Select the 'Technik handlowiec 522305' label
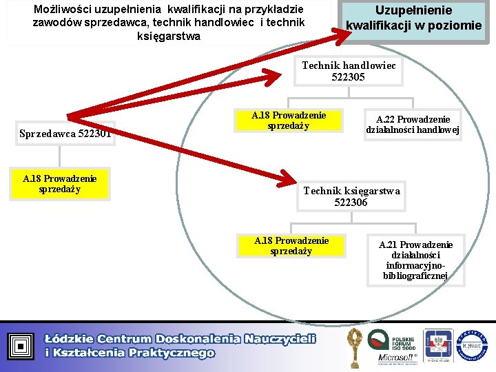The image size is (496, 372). (349, 71)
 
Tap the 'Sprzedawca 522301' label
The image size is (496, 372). (66, 133)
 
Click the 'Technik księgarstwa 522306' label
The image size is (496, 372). (351, 196)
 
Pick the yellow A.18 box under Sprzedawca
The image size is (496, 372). (60, 184)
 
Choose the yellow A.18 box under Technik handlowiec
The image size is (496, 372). (289, 121)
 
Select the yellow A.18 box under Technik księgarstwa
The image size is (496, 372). (291, 246)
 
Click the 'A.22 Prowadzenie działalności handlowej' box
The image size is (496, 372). (413, 125)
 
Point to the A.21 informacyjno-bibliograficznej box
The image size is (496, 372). (415, 260)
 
